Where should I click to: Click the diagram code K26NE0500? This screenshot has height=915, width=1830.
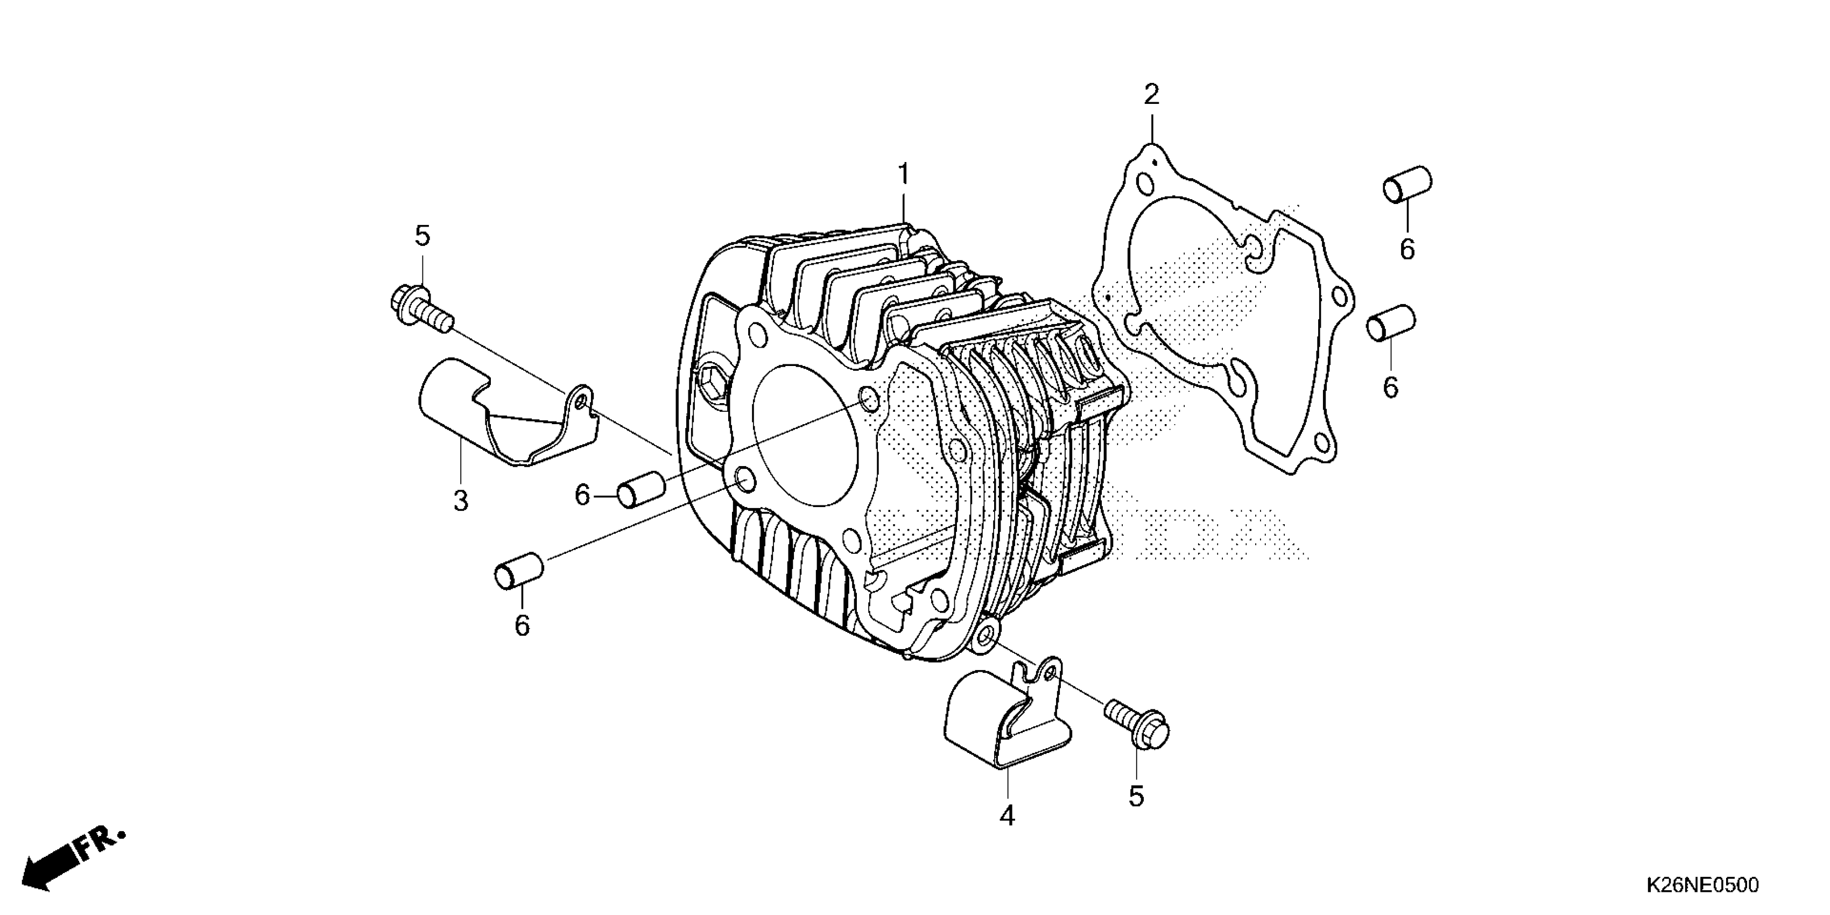[x=1702, y=885]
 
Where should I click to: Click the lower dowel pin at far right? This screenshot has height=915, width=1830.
[x=1391, y=323]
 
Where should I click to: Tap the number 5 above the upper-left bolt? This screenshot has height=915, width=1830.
[x=423, y=236]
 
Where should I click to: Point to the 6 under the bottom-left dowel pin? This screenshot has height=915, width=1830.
[x=522, y=626]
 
